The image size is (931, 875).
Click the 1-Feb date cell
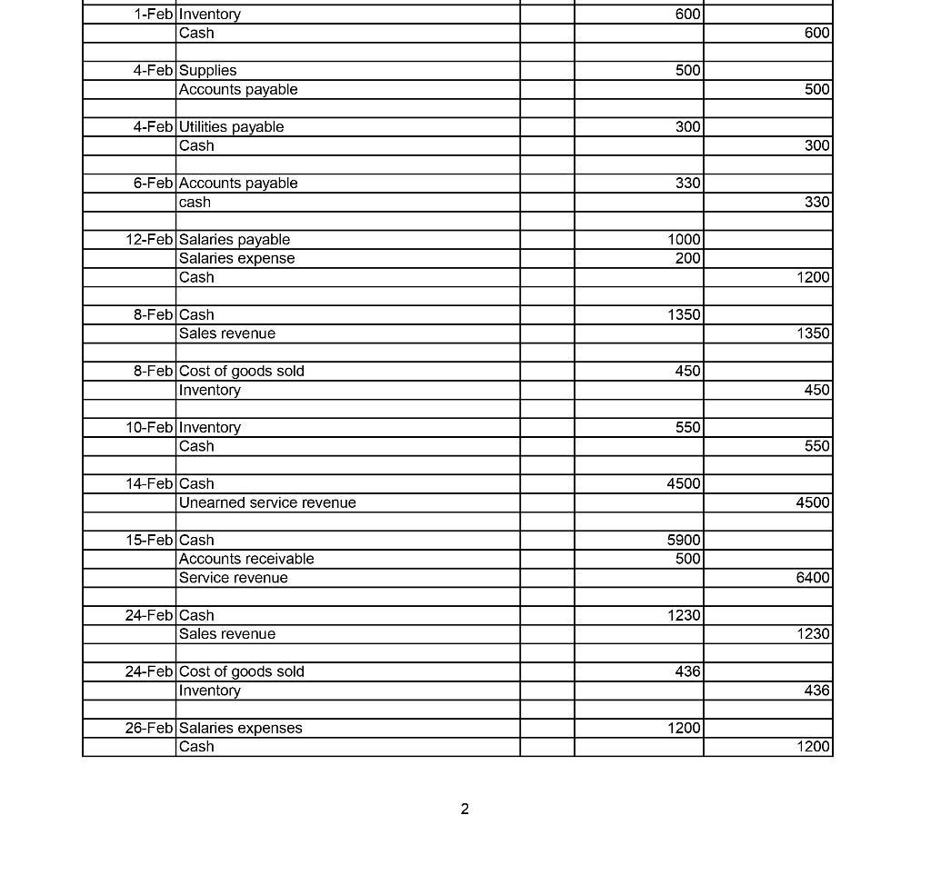[154, 15]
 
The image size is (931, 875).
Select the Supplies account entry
[207, 71]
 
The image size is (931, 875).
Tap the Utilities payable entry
[231, 127]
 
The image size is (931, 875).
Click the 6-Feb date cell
[154, 184]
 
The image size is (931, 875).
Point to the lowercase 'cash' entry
[195, 203]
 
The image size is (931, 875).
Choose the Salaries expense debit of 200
[688, 259]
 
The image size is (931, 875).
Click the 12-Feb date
[150, 240]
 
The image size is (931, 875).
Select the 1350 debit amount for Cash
[684, 315]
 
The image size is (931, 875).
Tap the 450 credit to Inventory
[816, 390]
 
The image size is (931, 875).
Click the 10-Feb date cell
[150, 428]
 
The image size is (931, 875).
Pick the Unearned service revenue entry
[267, 503]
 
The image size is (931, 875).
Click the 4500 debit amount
[684, 484]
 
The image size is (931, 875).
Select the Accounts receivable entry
[246, 560]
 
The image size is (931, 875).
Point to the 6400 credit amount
[813, 578]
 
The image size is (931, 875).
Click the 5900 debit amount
[684, 541]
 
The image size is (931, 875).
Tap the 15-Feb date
[150, 541]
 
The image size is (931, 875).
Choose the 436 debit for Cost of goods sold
[688, 672]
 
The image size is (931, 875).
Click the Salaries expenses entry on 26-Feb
[241, 729]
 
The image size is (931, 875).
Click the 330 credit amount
[816, 203]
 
